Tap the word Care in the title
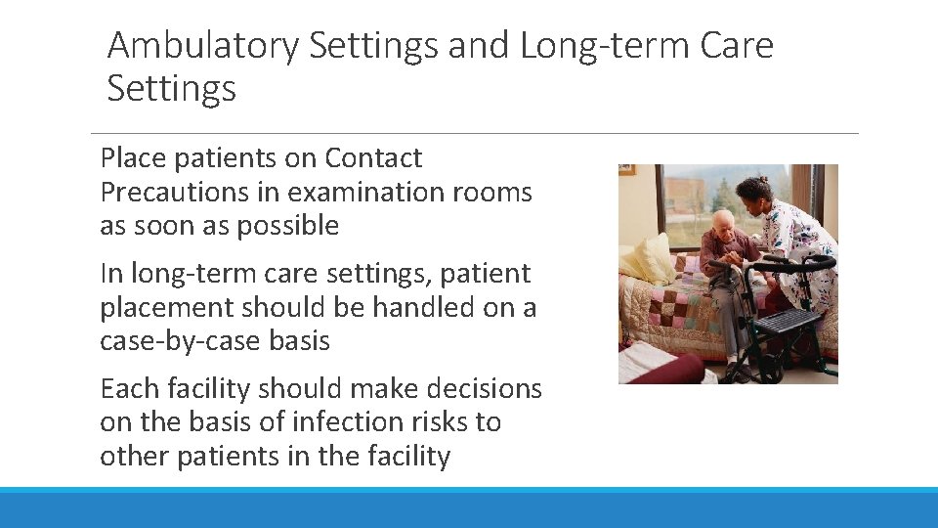738,46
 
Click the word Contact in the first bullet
372,158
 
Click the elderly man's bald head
720,221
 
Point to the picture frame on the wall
626,170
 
